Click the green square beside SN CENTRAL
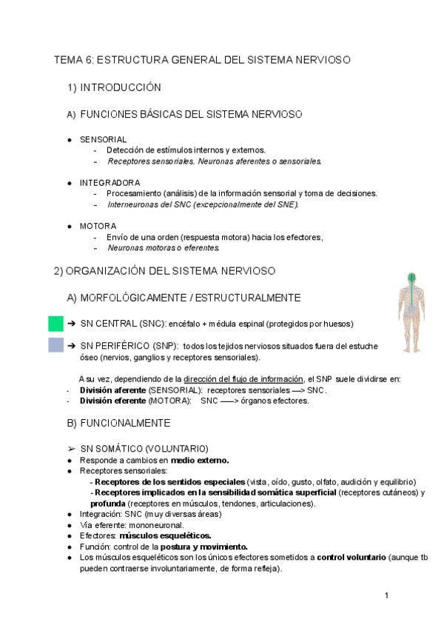(x=55, y=324)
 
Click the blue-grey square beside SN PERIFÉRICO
(x=55, y=345)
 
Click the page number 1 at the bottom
(x=386, y=595)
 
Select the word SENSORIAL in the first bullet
(x=103, y=139)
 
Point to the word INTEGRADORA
(x=110, y=182)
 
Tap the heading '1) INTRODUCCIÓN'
(x=114, y=87)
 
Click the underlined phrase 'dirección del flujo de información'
(x=244, y=379)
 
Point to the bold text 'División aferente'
(x=112, y=390)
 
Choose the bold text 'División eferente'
(x=112, y=401)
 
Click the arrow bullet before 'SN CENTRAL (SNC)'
(x=72, y=324)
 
